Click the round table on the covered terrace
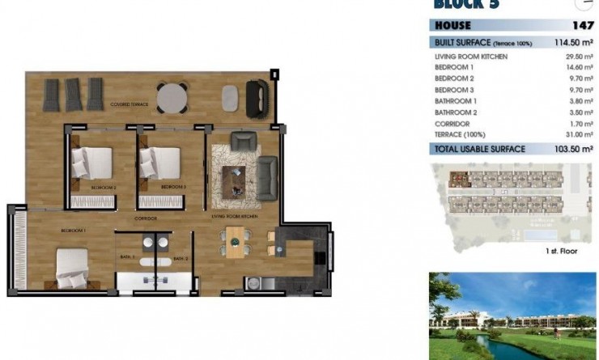click(172, 98)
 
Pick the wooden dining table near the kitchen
click(233, 242)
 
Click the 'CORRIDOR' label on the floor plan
click(146, 218)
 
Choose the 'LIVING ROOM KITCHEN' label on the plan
click(235, 217)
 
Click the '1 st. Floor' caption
click(562, 252)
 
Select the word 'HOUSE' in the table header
click(453, 25)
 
